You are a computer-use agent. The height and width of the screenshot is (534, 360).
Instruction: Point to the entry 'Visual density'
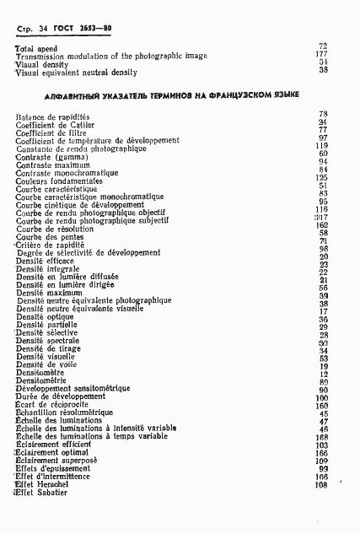pos(40,64)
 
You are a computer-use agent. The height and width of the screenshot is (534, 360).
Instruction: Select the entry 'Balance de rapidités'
pos(52,116)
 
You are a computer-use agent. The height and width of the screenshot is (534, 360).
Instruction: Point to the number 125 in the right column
pos(321,178)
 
